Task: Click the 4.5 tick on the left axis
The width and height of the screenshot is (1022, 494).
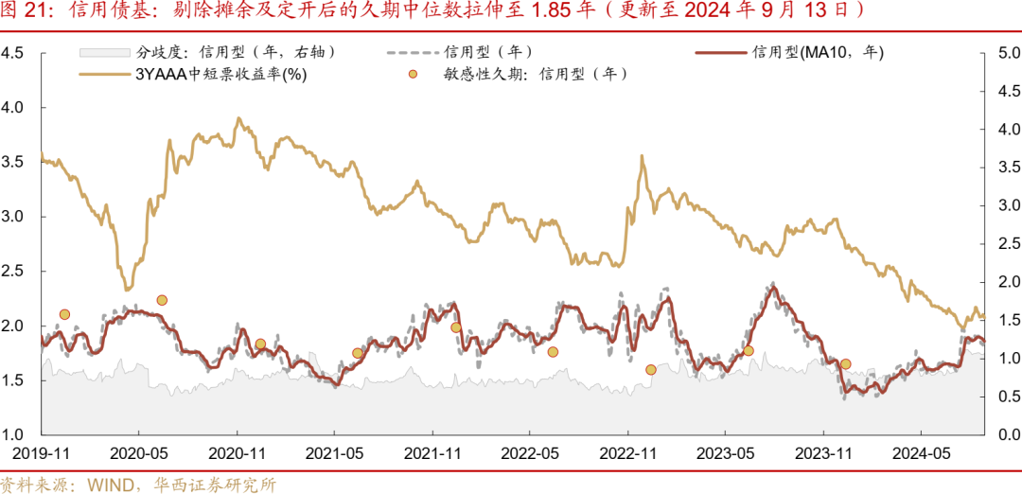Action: (13, 53)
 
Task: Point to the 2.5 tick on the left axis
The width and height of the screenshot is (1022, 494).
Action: (13, 272)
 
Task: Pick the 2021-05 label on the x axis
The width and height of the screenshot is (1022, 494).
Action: (334, 454)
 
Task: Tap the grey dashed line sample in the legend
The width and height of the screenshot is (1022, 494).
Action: (411, 52)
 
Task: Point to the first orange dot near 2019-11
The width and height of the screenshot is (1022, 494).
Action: (64, 314)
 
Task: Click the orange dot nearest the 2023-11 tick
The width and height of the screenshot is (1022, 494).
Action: (845, 363)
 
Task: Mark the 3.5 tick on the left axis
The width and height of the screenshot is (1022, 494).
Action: (13, 162)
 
